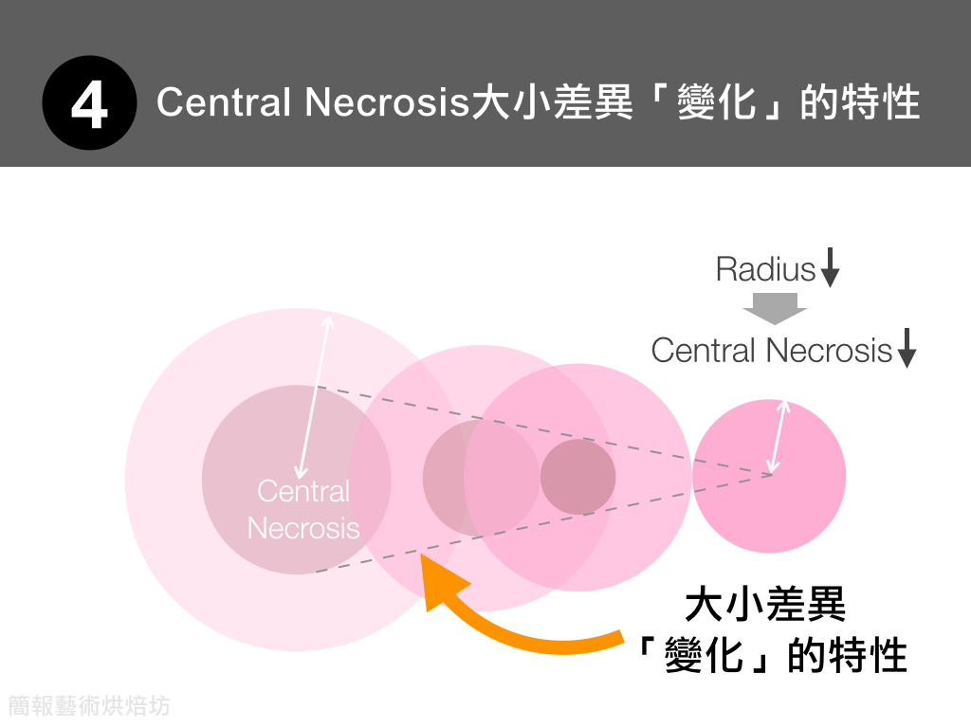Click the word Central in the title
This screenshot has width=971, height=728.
(223, 102)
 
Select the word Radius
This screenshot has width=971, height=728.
(765, 269)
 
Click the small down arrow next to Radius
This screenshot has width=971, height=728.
(830, 267)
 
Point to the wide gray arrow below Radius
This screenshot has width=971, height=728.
(775, 309)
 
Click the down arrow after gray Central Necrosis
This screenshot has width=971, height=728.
(907, 348)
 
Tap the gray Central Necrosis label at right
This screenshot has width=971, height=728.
(771, 351)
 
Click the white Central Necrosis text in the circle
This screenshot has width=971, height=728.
(303, 509)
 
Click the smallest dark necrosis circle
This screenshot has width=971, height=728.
(577, 477)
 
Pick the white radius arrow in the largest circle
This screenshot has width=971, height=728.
(315, 396)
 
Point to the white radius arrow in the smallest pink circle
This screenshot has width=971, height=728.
(779, 436)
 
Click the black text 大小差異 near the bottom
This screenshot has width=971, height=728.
(765, 606)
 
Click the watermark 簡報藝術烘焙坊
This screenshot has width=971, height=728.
(89, 705)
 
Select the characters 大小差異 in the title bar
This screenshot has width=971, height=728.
(553, 102)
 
